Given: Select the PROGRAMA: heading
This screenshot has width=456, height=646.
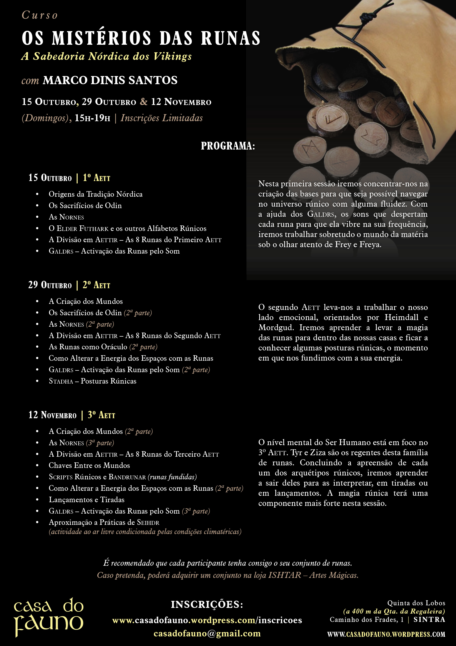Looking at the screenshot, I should click(228, 146).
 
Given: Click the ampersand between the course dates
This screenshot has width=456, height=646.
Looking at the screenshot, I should click(144, 102).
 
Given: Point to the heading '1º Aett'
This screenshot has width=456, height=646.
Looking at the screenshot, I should click(96, 178).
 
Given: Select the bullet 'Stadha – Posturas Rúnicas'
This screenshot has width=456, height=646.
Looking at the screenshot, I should click(92, 381).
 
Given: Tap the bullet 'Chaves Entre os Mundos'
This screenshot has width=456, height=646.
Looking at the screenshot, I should click(89, 465).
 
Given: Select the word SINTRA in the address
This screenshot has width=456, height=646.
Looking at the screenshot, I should click(429, 619).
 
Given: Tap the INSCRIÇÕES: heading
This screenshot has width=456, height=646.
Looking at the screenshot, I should click(207, 604).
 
